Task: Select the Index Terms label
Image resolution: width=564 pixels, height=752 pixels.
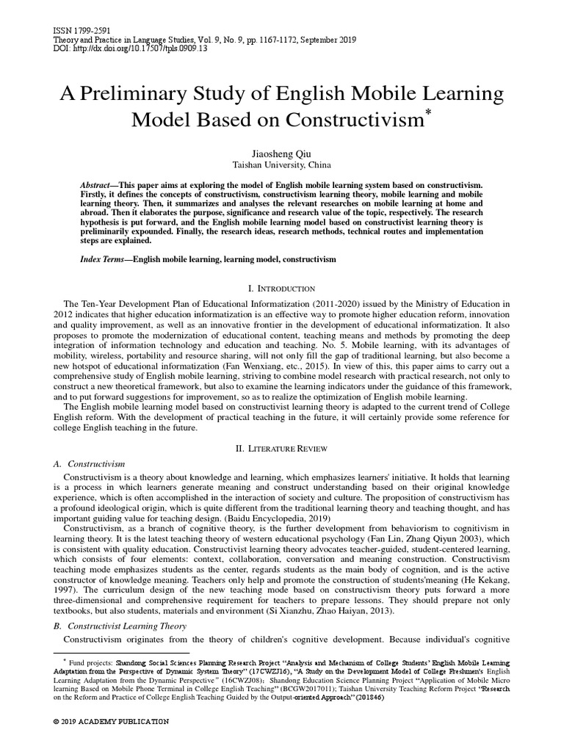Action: point(101,260)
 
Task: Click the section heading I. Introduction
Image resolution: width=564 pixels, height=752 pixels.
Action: point(282,289)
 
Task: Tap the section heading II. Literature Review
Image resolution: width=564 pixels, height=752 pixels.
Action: point(282,447)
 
